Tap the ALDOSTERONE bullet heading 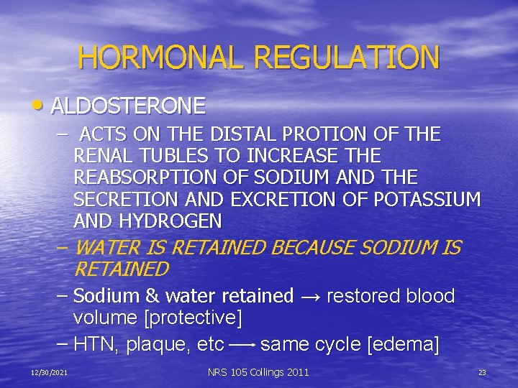[129, 106]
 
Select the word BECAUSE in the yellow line [313, 249]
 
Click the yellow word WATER [106, 249]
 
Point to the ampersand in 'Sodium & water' [153, 296]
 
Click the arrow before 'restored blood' [310, 296]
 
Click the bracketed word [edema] [403, 345]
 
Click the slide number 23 [482, 372]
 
